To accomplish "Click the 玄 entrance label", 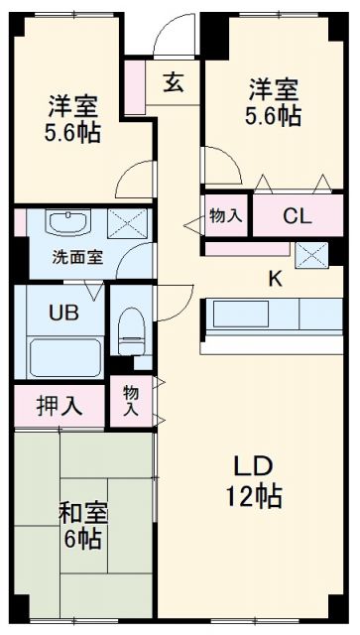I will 175,82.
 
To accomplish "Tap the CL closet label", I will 296,215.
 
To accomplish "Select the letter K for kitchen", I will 276,279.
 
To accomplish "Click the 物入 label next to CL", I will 225,215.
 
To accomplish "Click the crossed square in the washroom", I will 124,222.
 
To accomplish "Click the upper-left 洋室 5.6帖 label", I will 73,120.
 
